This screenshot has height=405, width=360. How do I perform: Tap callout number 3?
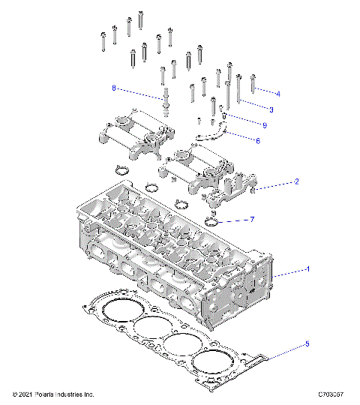pos(271,109)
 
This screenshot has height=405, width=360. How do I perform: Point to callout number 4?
pos(278,94)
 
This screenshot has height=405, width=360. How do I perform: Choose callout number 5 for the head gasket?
pos(307,345)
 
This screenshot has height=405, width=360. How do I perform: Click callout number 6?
pos(258,139)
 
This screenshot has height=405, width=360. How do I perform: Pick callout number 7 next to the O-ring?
pos(252,220)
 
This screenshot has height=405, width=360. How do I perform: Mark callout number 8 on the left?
pos(114,88)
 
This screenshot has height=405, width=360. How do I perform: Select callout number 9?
pos(265,124)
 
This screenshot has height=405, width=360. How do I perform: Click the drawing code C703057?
pos(330,394)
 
